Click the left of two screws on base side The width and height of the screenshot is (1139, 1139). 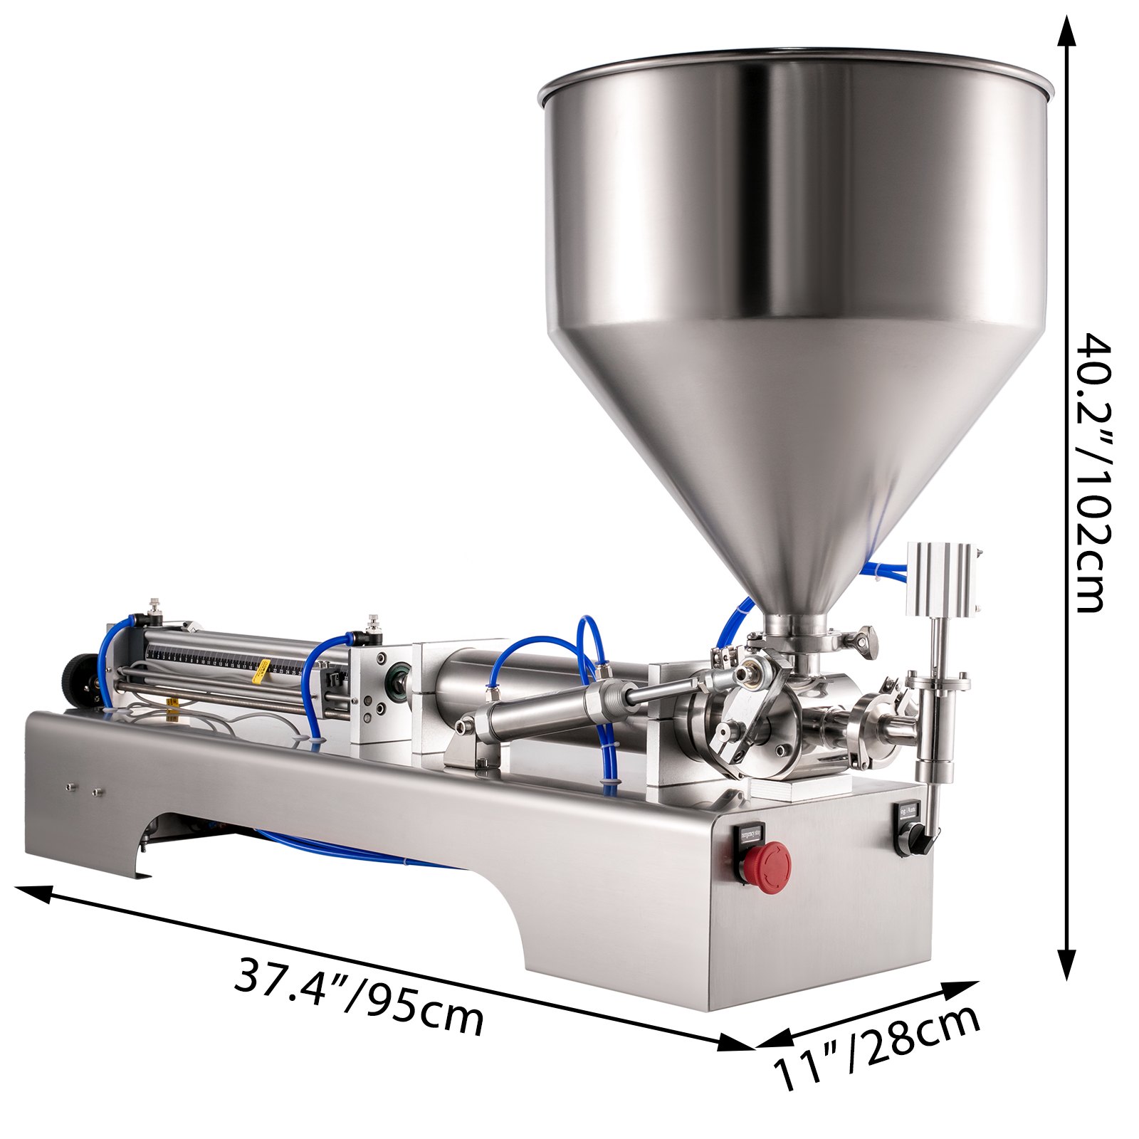click(70, 787)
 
